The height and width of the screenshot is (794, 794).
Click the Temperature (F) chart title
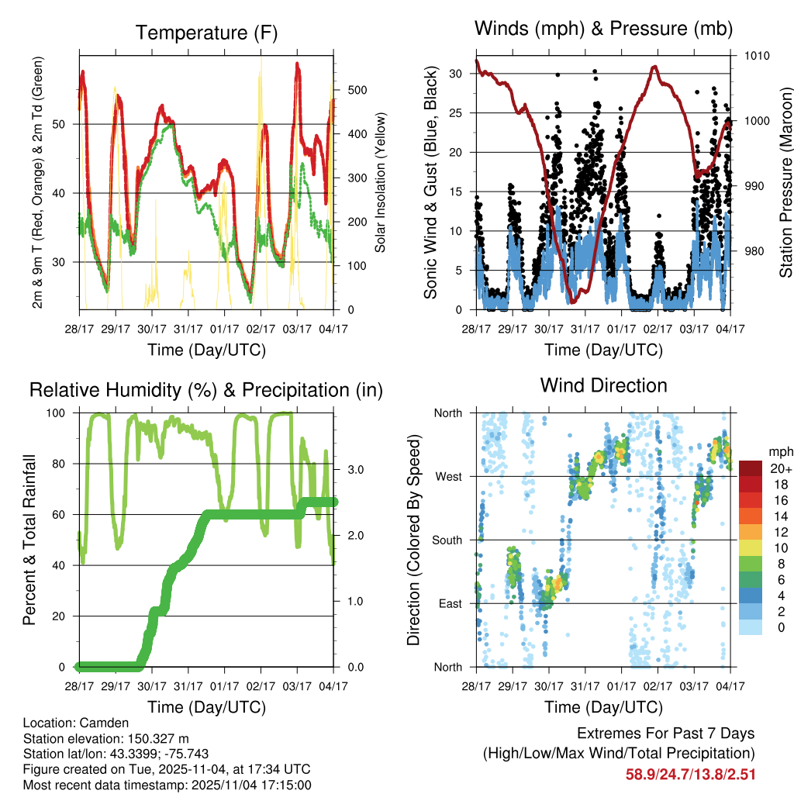pos(206,33)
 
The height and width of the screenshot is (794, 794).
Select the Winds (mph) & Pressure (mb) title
pos(603,29)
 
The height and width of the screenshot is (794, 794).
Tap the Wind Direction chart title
pos(603,385)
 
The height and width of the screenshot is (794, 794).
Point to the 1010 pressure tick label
pos(758,57)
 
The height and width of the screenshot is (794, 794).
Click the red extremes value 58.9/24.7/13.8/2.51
pos(690,775)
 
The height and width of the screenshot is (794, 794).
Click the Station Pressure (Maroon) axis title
pos(785,183)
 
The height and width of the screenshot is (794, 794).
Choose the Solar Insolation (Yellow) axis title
pos(380,183)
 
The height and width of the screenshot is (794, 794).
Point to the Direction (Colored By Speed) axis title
pos(413,540)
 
